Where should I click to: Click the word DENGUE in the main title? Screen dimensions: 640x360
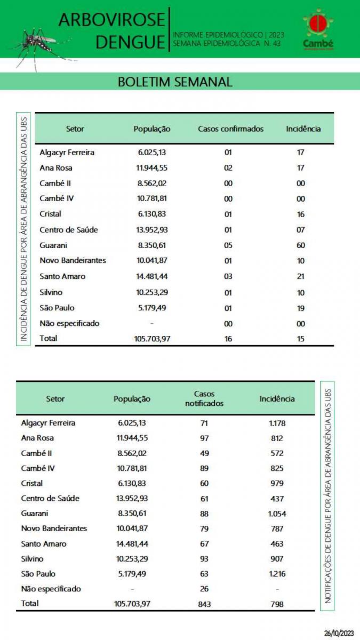[131, 42]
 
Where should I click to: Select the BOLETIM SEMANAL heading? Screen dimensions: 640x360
[175, 82]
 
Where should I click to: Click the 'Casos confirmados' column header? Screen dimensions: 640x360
[230, 129]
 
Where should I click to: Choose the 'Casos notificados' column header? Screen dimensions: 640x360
[204, 399]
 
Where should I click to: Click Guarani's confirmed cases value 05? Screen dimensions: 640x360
[228, 245]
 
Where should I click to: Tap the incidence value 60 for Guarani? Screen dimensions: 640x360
[301, 245]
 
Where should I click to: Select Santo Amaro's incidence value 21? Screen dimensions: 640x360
[301, 276]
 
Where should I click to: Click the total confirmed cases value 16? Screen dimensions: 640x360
[228, 339]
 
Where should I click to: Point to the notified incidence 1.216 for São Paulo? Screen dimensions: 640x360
[277, 574]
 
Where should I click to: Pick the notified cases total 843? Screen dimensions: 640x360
[204, 604]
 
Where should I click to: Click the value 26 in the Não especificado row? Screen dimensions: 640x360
[204, 589]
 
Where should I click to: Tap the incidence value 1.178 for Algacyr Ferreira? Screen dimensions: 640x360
[277, 423]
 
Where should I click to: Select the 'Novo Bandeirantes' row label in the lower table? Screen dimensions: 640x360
[54, 529]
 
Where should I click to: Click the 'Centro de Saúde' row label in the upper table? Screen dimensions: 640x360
[69, 230]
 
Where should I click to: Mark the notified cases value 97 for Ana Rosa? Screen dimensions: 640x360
[204, 438]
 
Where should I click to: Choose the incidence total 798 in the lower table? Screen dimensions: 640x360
[277, 604]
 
